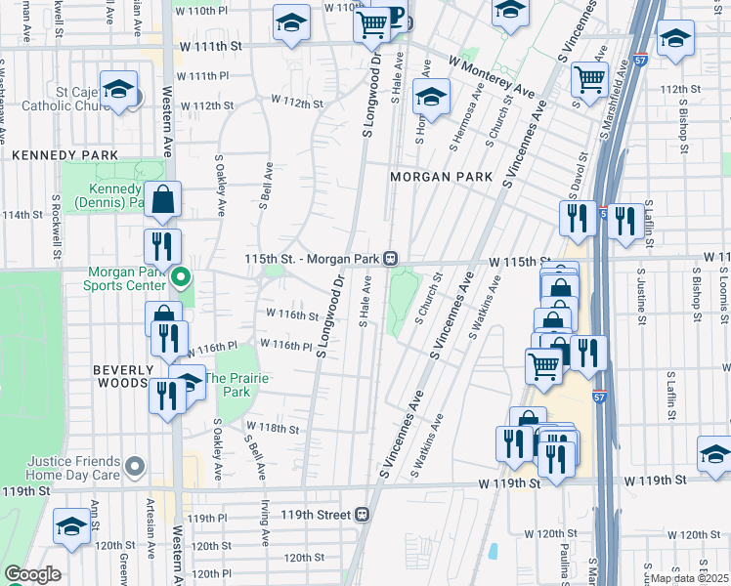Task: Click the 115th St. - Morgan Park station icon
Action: (x=390, y=259)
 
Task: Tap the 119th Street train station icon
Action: (x=363, y=514)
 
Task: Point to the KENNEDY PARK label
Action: (x=64, y=155)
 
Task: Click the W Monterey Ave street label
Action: (x=494, y=75)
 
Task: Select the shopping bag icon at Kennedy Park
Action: (x=163, y=199)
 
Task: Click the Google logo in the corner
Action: (x=31, y=574)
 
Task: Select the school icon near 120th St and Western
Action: (x=71, y=527)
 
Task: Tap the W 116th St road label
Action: (x=292, y=315)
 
